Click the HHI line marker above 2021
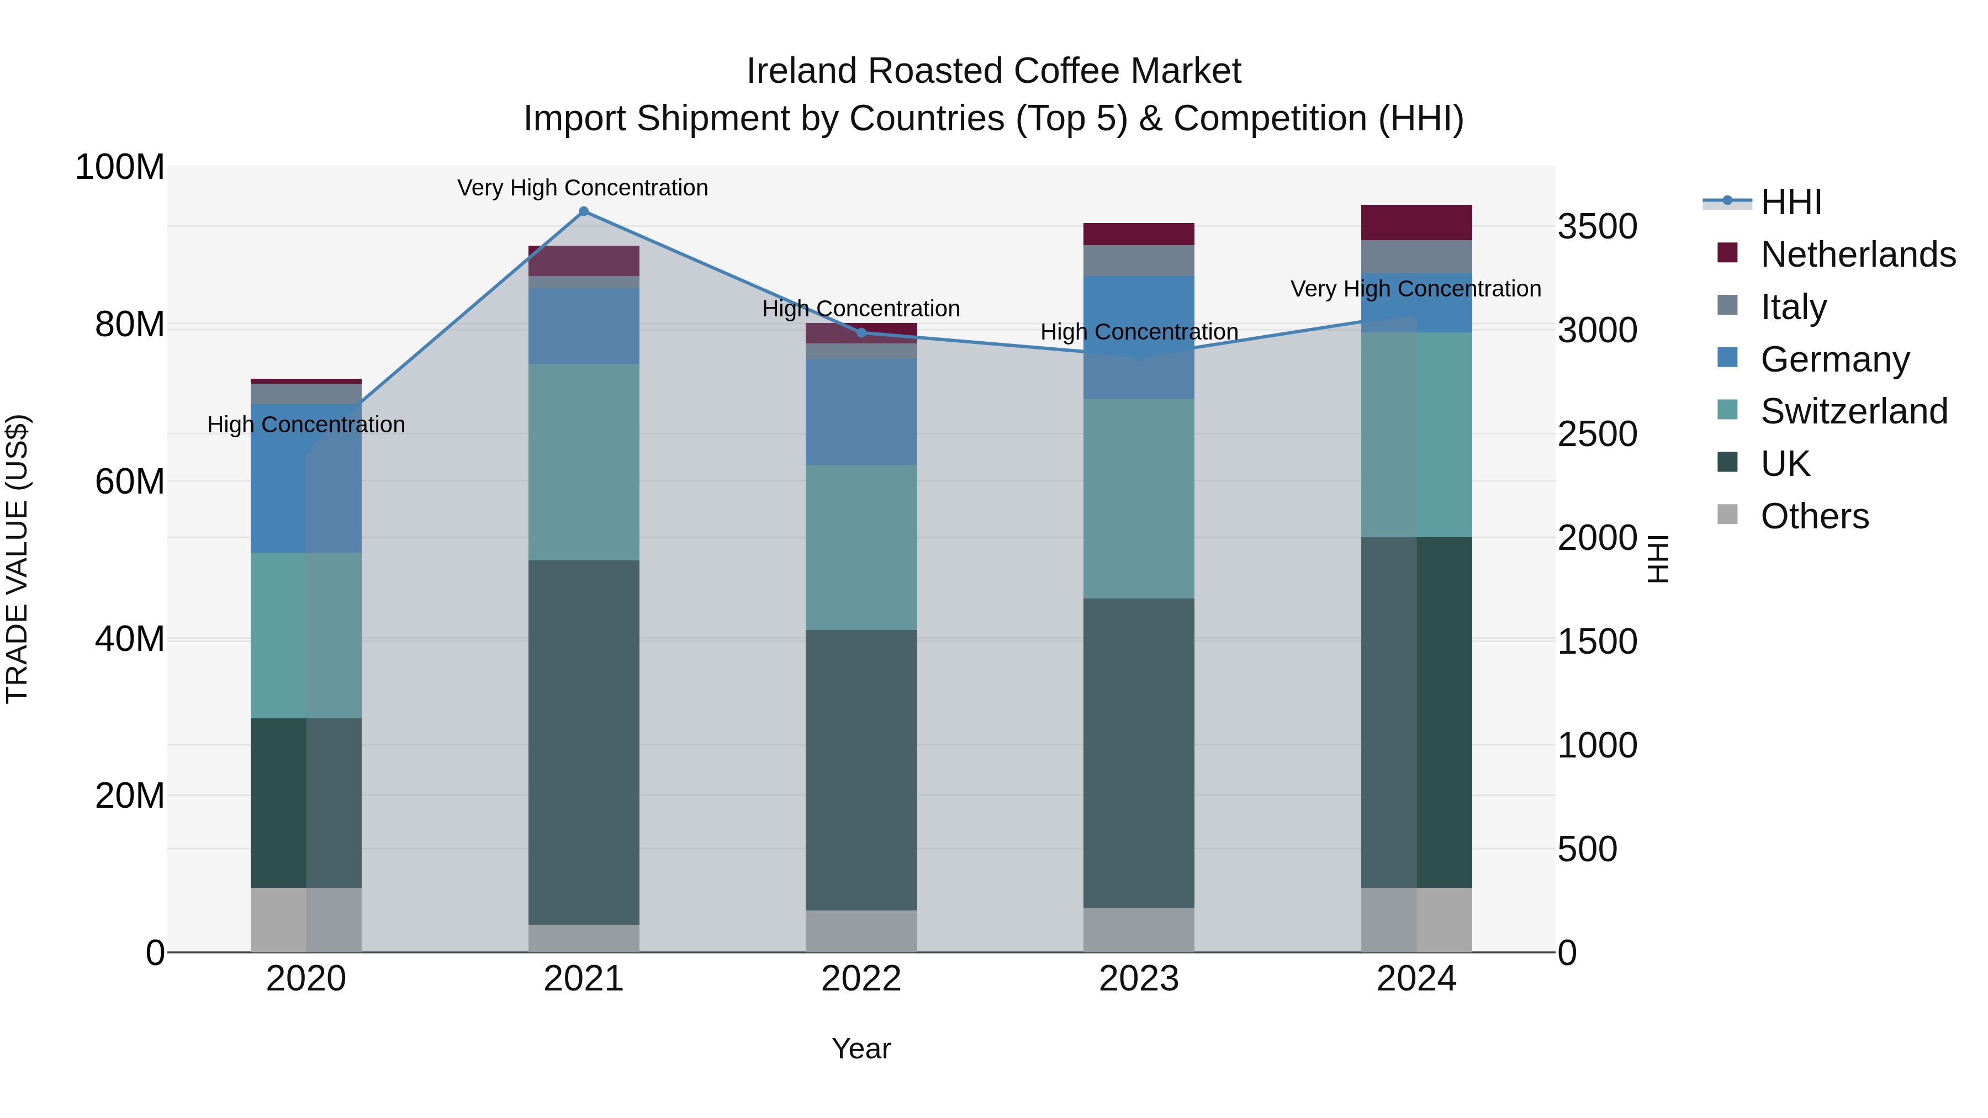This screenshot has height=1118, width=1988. point(584,211)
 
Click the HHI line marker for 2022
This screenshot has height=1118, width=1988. point(861,332)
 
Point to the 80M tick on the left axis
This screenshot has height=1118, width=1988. point(130,324)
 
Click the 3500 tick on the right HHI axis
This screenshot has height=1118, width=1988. point(1596,227)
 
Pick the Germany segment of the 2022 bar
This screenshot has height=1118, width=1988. point(861,411)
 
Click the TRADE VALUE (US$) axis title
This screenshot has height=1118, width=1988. point(17,559)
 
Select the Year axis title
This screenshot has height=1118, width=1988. point(861,1048)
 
